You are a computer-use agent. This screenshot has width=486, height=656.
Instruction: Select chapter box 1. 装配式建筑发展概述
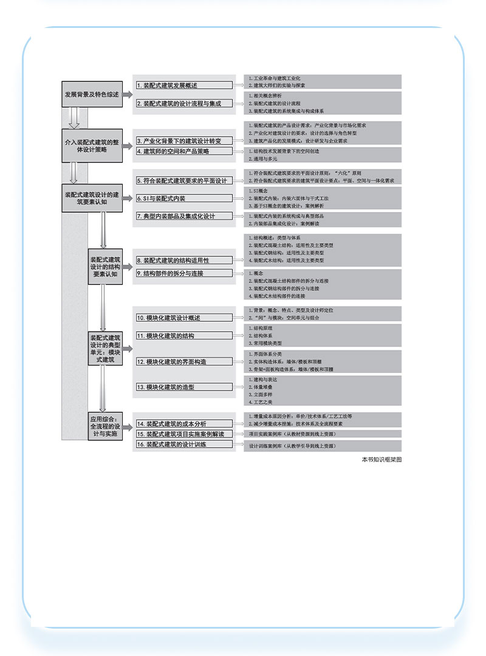tap(184, 86)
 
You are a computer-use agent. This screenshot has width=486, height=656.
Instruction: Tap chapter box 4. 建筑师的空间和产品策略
tap(184, 151)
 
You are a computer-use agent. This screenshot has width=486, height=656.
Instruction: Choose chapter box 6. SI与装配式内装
tap(184, 198)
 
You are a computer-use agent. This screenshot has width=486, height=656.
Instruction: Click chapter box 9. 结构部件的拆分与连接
tap(184, 273)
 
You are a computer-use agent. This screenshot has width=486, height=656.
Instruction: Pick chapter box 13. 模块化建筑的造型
tap(184, 387)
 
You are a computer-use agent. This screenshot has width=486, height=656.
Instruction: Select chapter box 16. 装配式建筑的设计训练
tap(184, 444)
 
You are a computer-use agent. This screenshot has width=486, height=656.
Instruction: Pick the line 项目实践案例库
tap(292, 434)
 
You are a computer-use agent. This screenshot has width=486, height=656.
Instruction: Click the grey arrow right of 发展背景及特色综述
tap(128, 95)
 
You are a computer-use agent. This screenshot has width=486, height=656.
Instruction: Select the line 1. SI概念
tap(259, 190)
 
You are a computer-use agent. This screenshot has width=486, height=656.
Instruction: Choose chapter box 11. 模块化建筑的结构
tap(184, 335)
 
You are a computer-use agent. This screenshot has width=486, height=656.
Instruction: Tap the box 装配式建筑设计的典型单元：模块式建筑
tap(104, 349)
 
